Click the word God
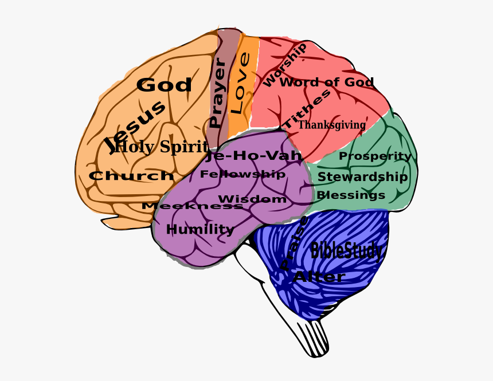coord(164,85)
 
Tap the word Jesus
coord(137,126)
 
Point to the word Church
coord(131,176)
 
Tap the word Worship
coord(285,64)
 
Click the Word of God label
coord(326,83)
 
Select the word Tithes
coord(307,109)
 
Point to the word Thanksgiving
coord(332,125)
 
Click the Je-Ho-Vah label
coord(254,156)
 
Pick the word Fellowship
coord(242,174)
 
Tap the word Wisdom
coord(252,199)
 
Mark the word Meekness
coord(192,206)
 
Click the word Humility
coord(200,230)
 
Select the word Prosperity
coord(375,156)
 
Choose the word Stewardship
coord(362,176)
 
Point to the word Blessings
coord(351,195)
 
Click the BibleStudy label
coord(346,250)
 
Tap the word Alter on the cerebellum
coord(319,277)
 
